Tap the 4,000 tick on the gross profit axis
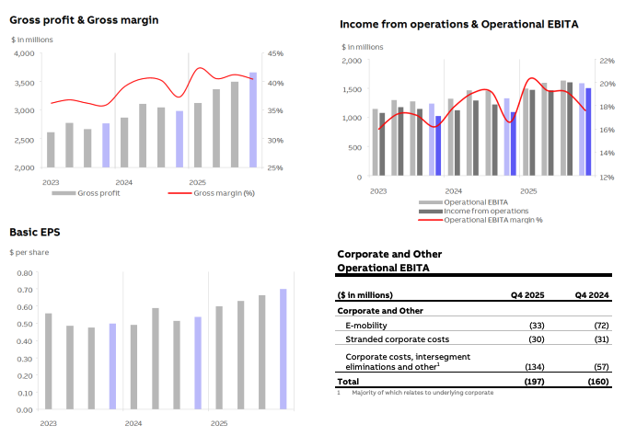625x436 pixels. (x=24, y=53)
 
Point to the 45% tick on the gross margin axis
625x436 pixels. (x=276, y=53)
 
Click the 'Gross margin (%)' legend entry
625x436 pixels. (x=224, y=193)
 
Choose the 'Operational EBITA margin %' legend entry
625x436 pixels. (x=493, y=220)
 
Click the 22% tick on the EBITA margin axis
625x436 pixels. (x=605, y=61)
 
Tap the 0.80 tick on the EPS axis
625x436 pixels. (x=25, y=273)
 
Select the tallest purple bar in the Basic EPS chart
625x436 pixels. (x=284, y=350)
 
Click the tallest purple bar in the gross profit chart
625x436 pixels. (x=253, y=120)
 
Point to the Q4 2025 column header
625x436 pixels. (x=529, y=295)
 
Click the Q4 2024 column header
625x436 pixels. (x=593, y=295)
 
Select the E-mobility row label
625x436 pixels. (x=366, y=326)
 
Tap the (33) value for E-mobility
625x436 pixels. (x=538, y=326)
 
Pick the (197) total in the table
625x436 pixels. (x=537, y=380)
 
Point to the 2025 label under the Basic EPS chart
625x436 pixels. (x=219, y=423)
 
